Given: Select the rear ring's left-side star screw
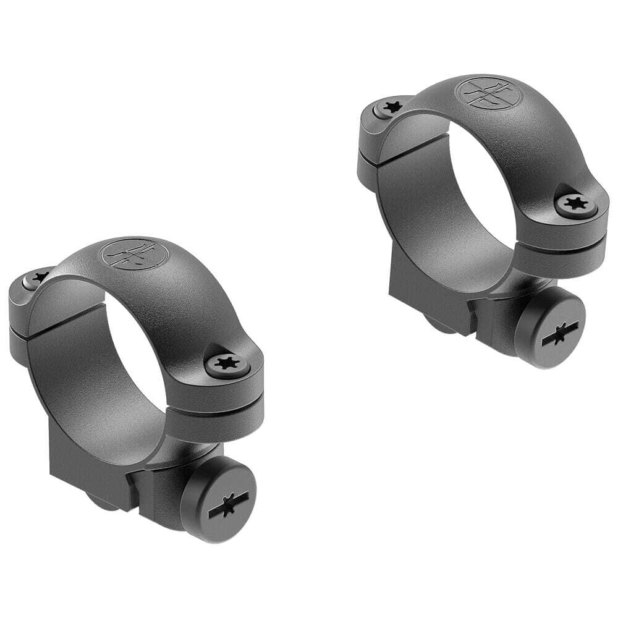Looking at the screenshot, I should point(390,108).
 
